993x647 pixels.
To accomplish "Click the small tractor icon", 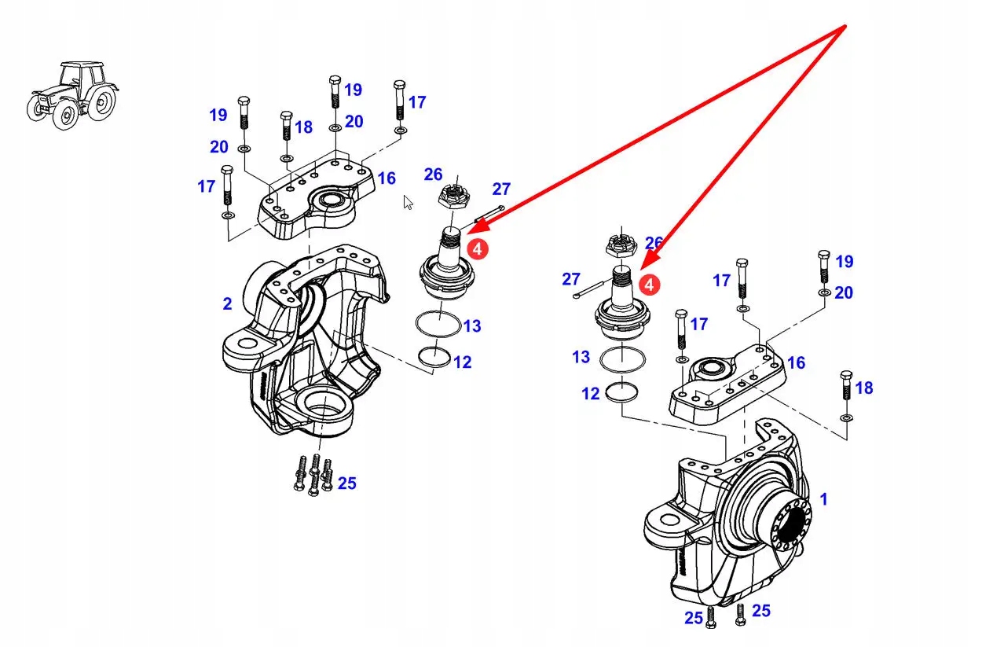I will (72, 94).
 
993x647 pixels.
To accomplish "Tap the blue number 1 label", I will (823, 498).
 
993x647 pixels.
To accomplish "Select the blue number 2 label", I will (227, 303).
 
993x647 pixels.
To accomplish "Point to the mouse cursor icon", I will (408, 202).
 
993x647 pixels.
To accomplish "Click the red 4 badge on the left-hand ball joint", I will (478, 248).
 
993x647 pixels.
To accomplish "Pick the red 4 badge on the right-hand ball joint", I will (650, 284).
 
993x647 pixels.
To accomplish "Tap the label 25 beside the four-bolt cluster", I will (346, 483).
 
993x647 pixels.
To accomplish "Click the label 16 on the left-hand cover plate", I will (386, 178).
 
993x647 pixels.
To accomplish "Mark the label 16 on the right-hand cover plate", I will (796, 362).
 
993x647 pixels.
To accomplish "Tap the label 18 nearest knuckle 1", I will (864, 388).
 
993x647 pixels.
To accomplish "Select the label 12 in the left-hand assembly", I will (462, 362).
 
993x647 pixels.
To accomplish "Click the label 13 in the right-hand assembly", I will (581, 357).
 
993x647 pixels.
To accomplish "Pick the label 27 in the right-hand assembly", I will (571, 279).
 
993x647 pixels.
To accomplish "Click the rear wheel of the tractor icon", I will (101, 103).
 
